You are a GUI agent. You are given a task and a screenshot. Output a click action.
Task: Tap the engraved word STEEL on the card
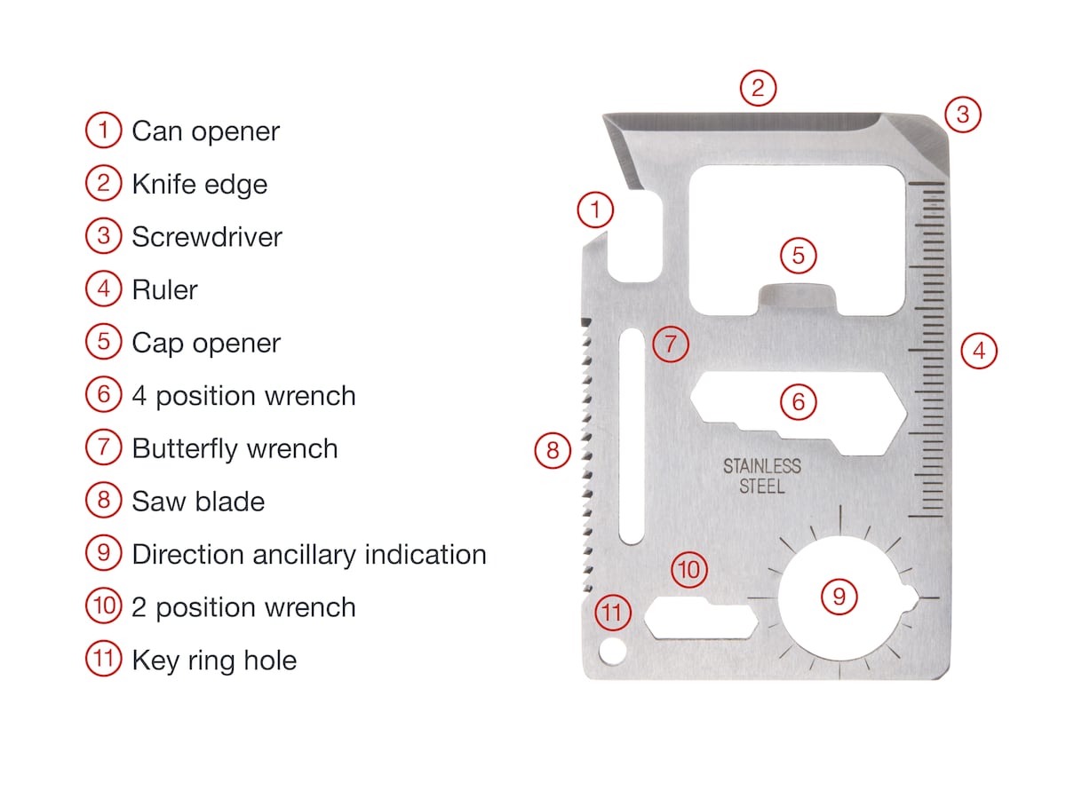point(762,487)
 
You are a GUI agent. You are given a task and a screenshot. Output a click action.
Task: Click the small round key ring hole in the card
point(610,652)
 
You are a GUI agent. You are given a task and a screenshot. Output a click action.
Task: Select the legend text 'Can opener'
point(205,131)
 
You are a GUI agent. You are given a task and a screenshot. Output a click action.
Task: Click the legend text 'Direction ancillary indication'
point(308,555)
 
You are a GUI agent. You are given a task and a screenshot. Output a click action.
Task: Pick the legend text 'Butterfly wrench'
point(235,448)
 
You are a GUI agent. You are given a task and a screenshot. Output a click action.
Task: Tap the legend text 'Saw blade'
point(198,502)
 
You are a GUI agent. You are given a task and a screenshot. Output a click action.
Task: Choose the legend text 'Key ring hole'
point(214,661)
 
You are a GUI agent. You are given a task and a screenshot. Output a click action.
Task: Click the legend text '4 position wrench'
point(243,396)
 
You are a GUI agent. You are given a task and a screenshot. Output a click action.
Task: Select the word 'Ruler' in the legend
point(164,290)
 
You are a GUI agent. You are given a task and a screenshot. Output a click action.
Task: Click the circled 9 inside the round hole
point(839,596)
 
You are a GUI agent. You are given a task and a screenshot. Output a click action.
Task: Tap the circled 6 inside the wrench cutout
point(798,402)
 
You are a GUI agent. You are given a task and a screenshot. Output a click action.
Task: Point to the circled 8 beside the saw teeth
point(553,451)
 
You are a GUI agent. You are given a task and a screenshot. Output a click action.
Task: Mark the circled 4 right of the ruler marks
point(979,351)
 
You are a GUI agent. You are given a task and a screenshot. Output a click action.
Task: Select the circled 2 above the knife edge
point(758,88)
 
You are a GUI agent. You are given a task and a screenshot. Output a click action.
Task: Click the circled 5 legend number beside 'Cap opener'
point(104,342)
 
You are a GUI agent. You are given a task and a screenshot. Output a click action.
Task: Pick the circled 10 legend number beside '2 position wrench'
point(104,606)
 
